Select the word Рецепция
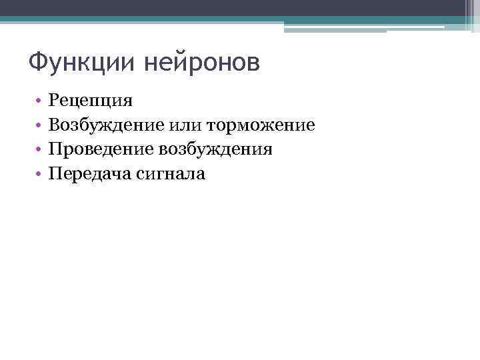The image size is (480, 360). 91,101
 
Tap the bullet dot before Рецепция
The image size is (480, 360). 39,102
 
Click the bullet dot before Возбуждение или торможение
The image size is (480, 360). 39,126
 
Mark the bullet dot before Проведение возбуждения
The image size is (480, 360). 39,150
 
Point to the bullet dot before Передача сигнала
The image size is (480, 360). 39,174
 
